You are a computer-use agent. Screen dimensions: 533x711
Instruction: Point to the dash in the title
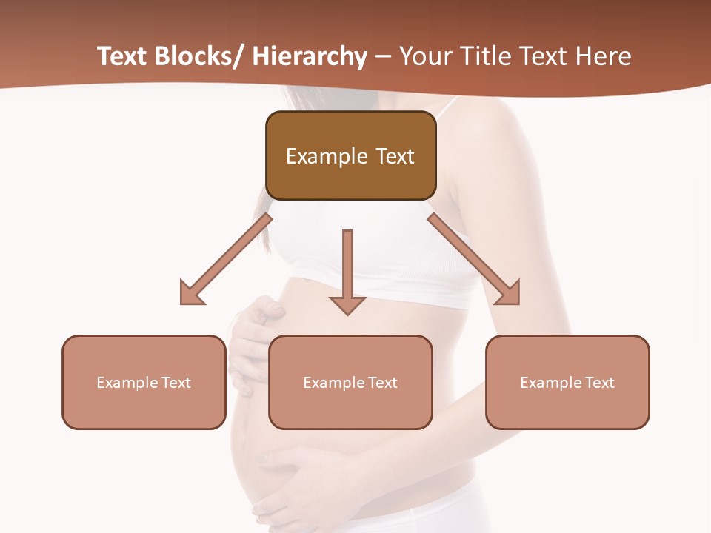(383, 58)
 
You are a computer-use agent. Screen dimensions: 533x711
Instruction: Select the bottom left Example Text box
(144, 382)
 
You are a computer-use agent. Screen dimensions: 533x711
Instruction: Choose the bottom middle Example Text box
(350, 382)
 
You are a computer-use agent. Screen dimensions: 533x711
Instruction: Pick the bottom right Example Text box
(567, 382)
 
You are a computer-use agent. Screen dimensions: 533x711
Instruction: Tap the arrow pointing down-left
(226, 259)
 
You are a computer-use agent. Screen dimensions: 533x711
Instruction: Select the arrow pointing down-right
(473, 259)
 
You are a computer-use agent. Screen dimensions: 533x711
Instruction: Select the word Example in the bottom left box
(127, 382)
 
